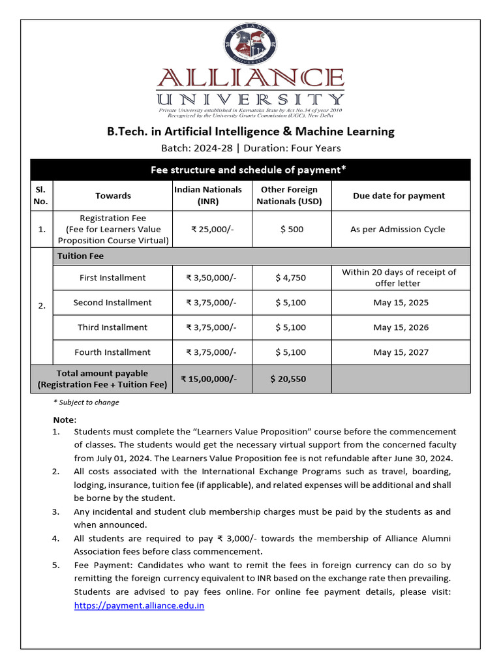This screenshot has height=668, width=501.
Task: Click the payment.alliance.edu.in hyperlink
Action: pos(139,605)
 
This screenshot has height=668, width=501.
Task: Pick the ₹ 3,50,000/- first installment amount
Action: pos(211,278)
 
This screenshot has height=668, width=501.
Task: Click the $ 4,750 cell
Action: pos(290,278)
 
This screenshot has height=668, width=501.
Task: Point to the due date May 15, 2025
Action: pos(401,303)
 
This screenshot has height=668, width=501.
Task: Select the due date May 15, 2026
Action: pos(401,327)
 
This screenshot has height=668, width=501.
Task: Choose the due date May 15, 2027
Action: pos(401,352)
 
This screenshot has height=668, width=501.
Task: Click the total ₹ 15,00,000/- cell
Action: pos(209,379)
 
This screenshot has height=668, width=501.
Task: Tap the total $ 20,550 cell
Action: pos(288,379)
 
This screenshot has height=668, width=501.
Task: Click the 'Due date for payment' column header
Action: pos(399,196)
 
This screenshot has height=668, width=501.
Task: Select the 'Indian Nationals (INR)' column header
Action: pos(208,196)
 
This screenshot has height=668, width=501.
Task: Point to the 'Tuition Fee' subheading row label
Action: pos(81,256)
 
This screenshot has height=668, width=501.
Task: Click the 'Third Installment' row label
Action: pos(112,327)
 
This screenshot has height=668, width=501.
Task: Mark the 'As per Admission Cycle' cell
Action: pos(397,230)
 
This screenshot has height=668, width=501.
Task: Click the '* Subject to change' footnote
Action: pos(86,402)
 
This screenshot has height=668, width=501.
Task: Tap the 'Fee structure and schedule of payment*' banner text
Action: pos(249,170)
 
